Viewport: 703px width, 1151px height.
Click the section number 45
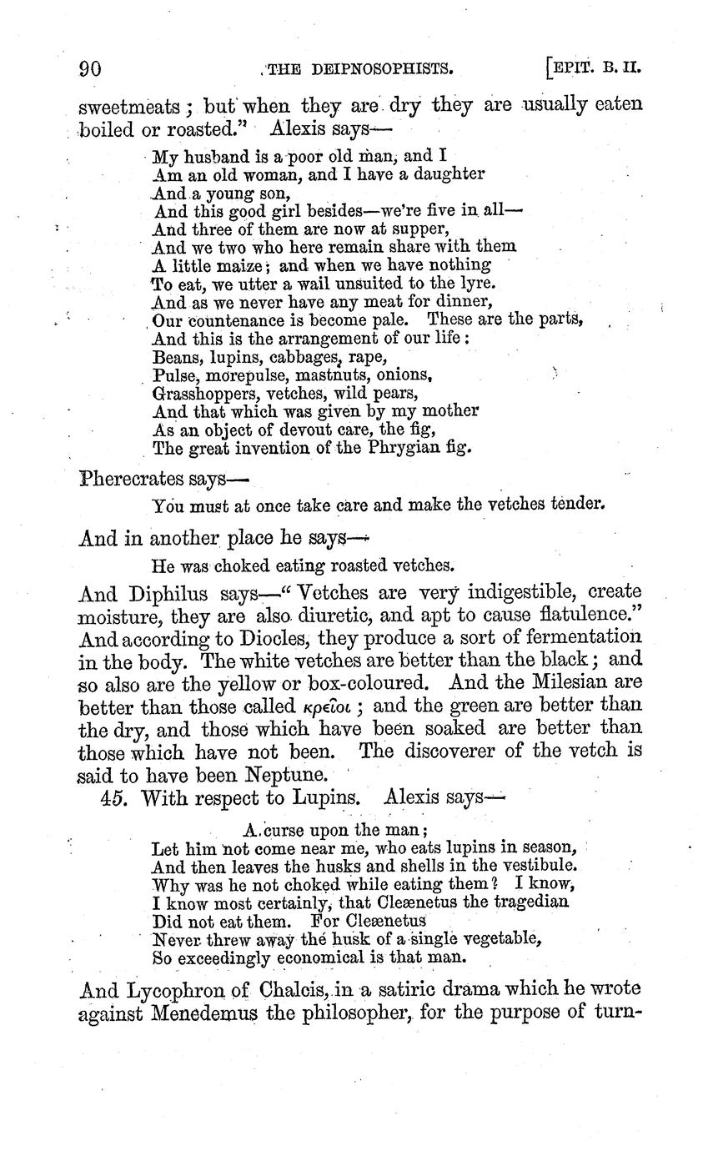coord(113,797)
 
